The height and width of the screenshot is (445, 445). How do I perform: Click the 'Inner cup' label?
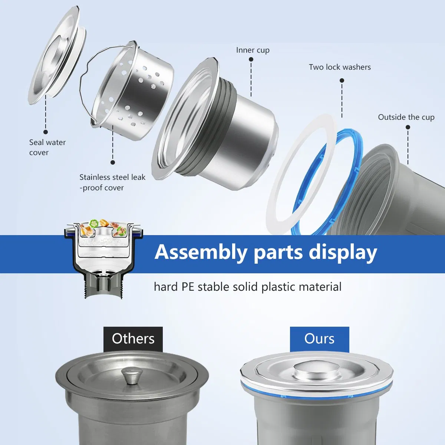253,50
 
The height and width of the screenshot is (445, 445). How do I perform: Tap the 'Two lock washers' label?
340,67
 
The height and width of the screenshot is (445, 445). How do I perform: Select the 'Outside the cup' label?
406,117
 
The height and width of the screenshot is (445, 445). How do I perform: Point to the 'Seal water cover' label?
47,147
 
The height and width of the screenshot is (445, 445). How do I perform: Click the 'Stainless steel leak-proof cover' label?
112,182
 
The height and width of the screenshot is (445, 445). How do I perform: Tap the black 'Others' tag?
133,339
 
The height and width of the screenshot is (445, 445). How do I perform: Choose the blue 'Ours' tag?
319,339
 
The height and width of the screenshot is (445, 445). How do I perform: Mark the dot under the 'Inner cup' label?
251,59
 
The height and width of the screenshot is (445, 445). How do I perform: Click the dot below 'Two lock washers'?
342,80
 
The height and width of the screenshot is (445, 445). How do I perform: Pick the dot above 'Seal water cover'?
46,132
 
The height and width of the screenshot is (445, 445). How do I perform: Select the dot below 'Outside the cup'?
408,127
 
